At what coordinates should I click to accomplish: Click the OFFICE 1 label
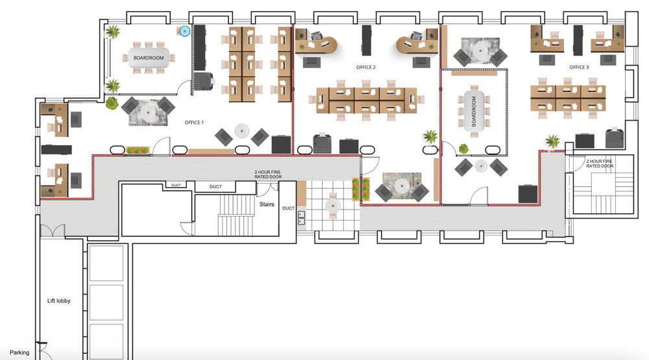(x=193, y=123)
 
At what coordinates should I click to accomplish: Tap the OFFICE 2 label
(x=366, y=67)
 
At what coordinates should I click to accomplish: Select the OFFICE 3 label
(x=579, y=67)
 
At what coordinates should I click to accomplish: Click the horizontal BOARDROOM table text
(x=149, y=58)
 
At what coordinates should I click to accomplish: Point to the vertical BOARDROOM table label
(x=474, y=112)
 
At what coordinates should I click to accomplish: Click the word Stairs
(x=267, y=204)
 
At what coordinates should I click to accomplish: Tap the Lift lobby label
(x=59, y=301)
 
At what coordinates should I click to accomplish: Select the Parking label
(x=19, y=353)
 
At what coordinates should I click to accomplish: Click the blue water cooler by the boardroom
(x=184, y=31)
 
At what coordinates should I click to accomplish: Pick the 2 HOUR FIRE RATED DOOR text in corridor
(x=268, y=174)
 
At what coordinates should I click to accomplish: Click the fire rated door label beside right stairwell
(x=600, y=163)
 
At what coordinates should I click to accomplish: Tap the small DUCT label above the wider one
(x=176, y=186)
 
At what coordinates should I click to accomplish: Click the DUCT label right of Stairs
(x=289, y=208)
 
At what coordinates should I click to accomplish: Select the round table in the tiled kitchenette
(x=333, y=205)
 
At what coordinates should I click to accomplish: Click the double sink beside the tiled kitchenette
(x=301, y=218)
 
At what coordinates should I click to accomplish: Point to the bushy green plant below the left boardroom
(x=112, y=103)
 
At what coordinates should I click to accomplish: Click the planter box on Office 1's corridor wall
(x=138, y=150)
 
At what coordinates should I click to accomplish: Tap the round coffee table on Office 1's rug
(x=148, y=112)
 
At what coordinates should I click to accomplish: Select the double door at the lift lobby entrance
(x=53, y=231)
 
